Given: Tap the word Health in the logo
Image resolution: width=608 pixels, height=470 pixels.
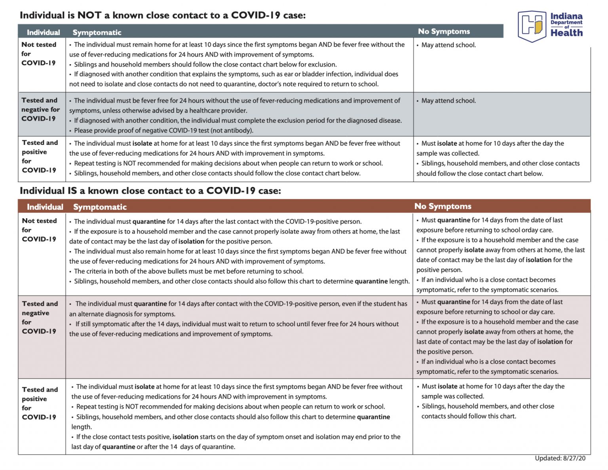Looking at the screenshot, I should [566, 33].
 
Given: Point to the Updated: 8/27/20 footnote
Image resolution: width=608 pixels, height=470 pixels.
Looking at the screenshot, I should [560, 458].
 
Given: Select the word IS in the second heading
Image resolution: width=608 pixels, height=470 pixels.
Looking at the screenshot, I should [72, 191].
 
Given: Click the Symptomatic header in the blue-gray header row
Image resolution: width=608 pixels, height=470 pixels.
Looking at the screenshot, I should [97, 32].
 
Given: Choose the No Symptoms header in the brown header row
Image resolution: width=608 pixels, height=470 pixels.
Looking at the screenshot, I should [443, 206].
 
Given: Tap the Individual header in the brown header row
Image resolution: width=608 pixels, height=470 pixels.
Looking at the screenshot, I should [45, 207].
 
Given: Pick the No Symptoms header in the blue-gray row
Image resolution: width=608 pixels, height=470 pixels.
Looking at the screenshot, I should [444, 31].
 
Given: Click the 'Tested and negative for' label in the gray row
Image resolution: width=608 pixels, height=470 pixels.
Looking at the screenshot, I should [40, 109].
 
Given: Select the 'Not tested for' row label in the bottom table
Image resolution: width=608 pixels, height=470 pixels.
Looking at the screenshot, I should [39, 230].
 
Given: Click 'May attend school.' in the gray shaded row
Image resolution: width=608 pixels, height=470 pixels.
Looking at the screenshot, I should [448, 101].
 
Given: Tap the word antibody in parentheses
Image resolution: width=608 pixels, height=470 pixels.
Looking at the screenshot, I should [238, 131].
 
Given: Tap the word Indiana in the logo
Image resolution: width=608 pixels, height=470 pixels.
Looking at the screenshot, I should [566, 16].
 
